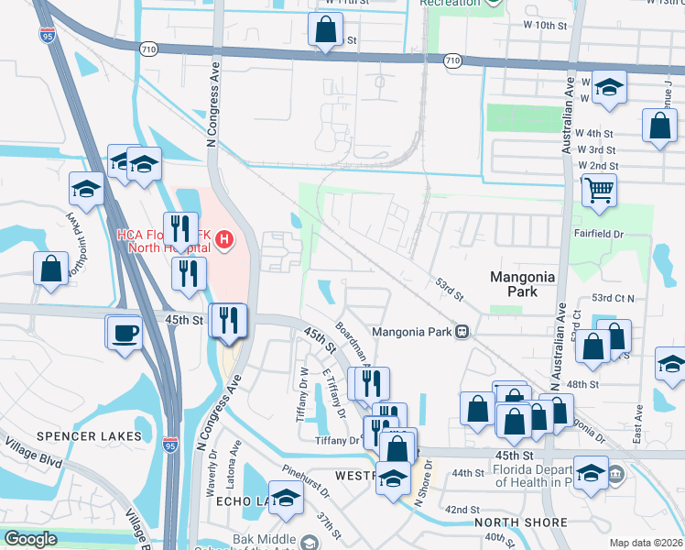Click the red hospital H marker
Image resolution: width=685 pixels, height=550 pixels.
pos(224,241)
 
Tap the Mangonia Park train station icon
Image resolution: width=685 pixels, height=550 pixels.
pos(464,331)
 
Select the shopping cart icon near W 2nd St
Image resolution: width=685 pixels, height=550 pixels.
pos(598,191)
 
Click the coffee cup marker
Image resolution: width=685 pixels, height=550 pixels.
pos(123,331)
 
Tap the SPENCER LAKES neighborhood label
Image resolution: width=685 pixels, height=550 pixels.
pos(91,435)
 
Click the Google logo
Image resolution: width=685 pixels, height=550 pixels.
pos(30,539)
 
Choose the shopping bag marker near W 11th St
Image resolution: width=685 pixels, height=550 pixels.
pos(325,29)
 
